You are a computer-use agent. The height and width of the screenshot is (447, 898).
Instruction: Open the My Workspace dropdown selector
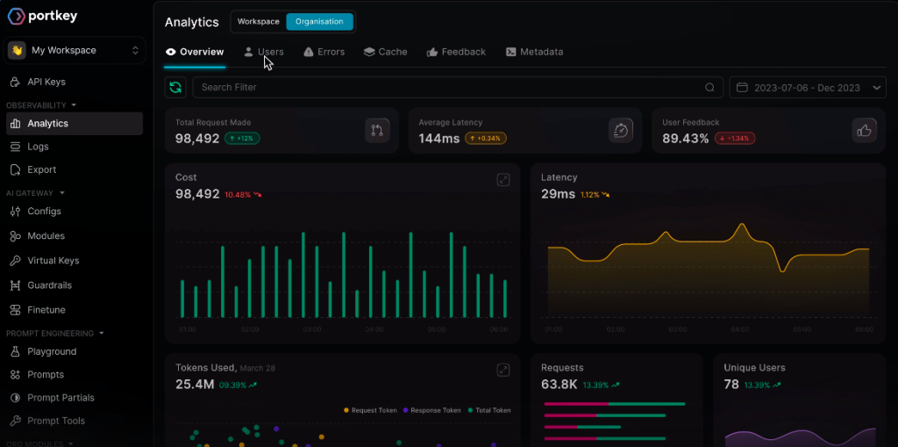point(75,51)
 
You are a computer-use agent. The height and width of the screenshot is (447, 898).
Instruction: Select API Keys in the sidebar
point(46,82)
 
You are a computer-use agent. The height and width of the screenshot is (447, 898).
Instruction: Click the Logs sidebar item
point(38,147)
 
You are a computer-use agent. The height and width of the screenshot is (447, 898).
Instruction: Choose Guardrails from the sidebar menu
point(49,285)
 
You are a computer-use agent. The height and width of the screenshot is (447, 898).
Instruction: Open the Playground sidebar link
point(51,351)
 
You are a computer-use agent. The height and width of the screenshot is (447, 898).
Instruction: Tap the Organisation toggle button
point(319,21)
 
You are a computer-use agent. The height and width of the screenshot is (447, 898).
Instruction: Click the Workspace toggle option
point(259,21)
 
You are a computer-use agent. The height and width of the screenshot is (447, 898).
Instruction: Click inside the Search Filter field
point(447,87)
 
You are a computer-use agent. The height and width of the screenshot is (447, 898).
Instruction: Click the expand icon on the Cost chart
point(503,179)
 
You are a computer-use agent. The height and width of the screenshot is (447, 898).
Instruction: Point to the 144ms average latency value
point(439,138)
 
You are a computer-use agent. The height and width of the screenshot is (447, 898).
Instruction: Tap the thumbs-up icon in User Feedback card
point(864,130)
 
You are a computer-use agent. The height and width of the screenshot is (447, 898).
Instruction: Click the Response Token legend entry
point(435,410)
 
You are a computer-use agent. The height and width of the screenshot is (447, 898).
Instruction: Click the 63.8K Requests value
point(559,384)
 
